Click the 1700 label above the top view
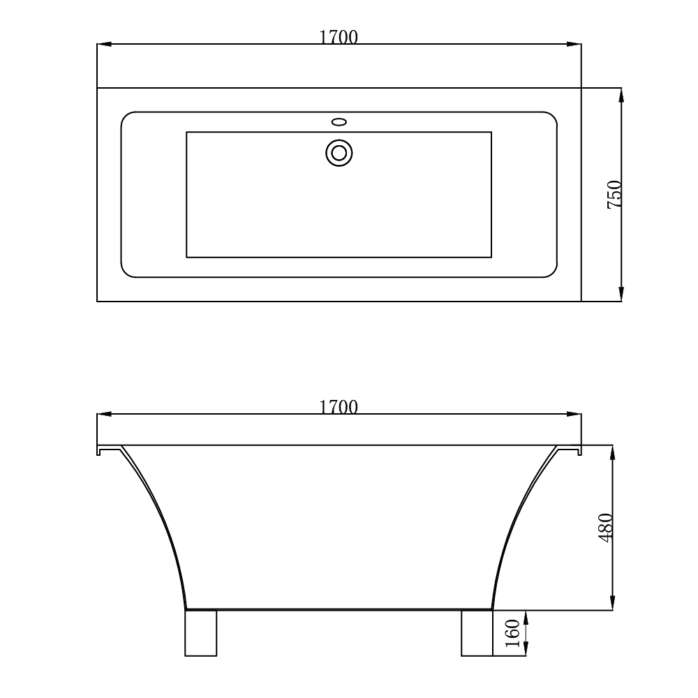point(339,38)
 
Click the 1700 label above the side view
point(339,407)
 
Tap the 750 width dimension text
point(614,195)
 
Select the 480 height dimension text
point(605,528)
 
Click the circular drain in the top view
point(339,152)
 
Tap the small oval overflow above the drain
point(339,122)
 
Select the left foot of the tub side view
point(201,633)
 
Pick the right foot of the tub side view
point(477,633)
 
